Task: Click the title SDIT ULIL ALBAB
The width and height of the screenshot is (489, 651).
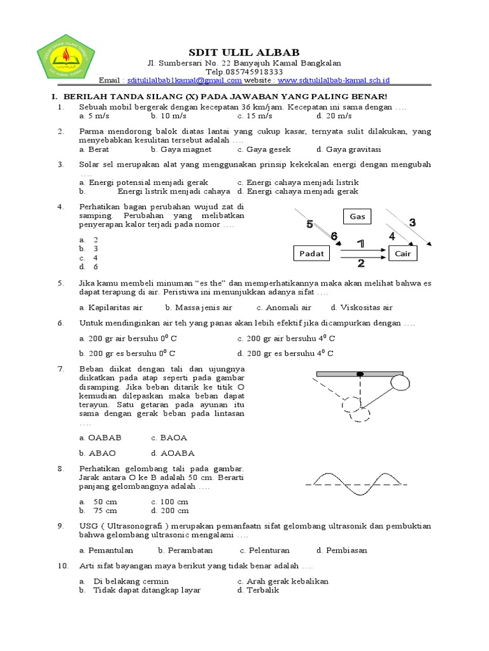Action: coord(244,51)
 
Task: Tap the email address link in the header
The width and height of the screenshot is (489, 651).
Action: coord(185,80)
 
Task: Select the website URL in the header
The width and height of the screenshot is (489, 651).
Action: coord(334,80)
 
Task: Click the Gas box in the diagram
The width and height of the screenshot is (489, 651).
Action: coord(358,217)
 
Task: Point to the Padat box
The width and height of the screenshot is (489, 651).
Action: coord(311,253)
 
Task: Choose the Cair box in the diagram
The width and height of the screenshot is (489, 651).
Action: coord(403,253)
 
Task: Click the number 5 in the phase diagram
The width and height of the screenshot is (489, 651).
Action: coord(310,224)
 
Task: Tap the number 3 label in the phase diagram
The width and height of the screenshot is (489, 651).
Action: coord(412,223)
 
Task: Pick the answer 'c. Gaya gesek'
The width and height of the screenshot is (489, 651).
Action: coord(264,149)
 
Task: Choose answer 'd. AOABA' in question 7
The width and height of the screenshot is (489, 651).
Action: coord(173,453)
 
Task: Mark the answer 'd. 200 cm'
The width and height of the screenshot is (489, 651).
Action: coord(170,511)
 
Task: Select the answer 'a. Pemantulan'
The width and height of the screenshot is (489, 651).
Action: coord(107,550)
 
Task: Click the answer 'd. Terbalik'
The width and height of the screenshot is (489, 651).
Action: coord(258,590)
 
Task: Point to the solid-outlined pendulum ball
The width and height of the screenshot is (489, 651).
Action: coord(400,383)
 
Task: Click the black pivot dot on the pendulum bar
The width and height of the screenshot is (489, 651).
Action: coord(360,374)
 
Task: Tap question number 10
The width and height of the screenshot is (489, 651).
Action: coord(62,566)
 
